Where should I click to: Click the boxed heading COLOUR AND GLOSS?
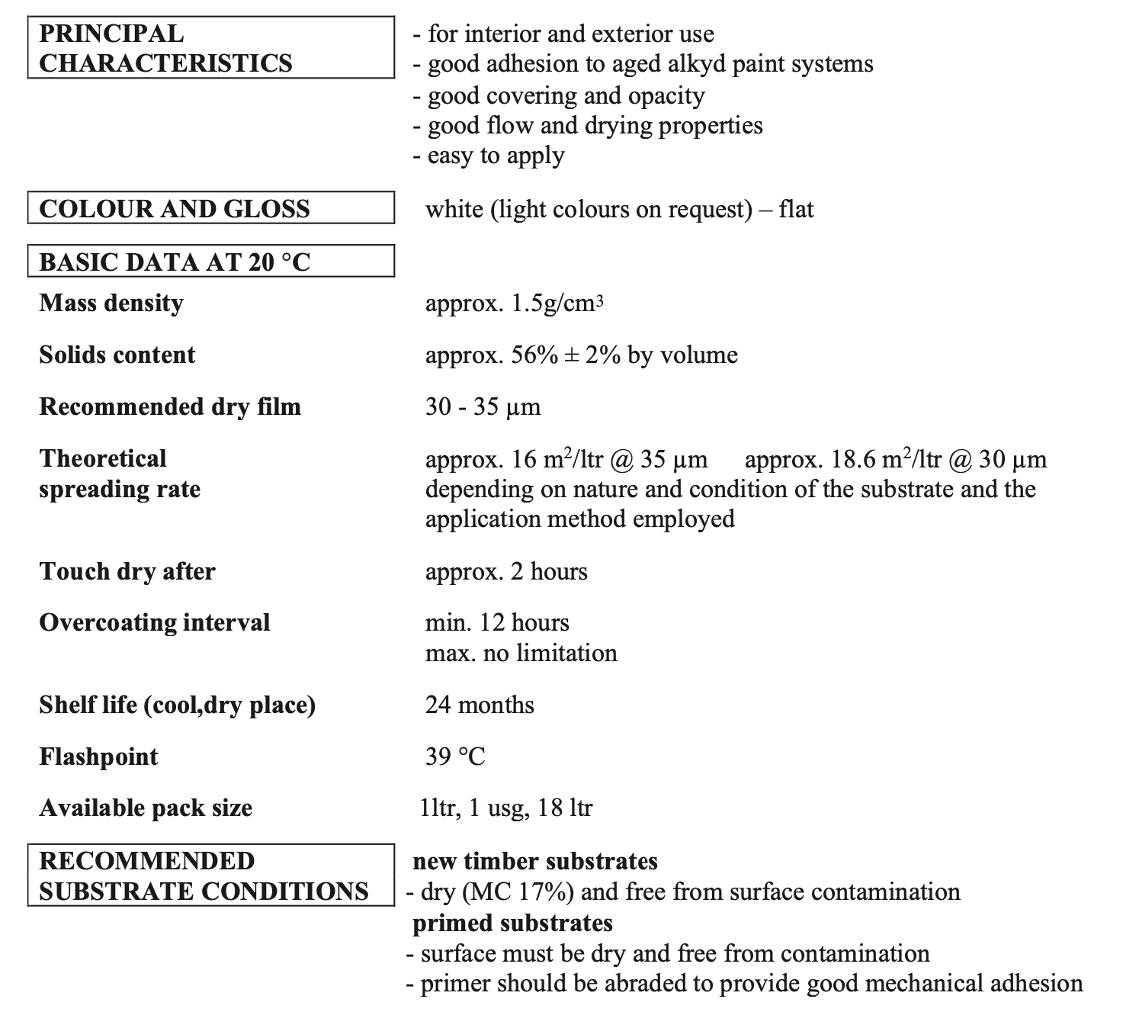tap(175, 209)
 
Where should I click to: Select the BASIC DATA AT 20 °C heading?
tap(175, 262)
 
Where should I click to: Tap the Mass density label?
tap(111, 304)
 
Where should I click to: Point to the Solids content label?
tap(117, 355)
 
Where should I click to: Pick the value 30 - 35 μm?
tap(483, 407)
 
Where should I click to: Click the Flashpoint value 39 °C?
tap(455, 757)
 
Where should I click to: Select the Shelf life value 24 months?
tap(480, 705)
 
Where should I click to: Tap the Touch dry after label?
tap(127, 571)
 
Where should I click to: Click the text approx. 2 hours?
tap(506, 571)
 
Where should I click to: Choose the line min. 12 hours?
tap(497, 623)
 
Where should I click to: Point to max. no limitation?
tap(521, 654)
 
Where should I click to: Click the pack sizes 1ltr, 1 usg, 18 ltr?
tap(506, 808)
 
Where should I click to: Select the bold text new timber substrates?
tap(535, 862)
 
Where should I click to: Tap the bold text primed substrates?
tap(512, 924)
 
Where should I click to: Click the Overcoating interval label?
tap(155, 623)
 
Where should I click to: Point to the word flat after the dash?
tap(797, 209)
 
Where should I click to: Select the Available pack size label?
tap(146, 808)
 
